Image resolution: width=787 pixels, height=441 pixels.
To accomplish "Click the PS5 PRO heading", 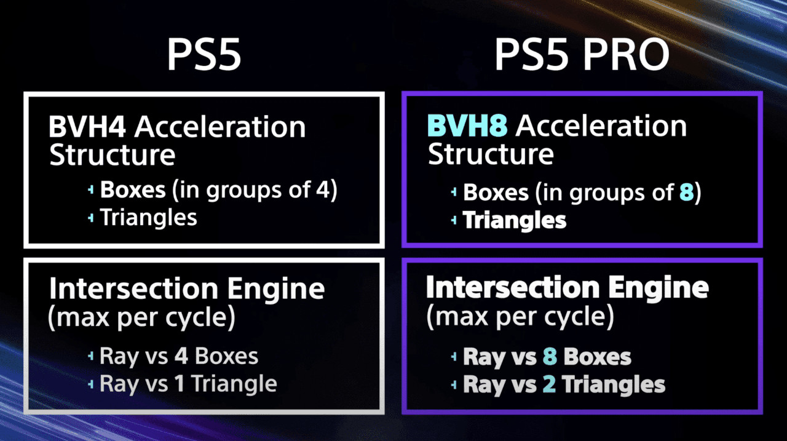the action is pyautogui.click(x=582, y=55).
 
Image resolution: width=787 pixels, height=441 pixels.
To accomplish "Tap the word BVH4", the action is pyautogui.click(x=87, y=127).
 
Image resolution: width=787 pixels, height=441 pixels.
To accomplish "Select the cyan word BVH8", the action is pyautogui.click(x=467, y=126).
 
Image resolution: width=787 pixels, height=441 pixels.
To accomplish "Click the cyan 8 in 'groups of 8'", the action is pyautogui.click(x=687, y=193).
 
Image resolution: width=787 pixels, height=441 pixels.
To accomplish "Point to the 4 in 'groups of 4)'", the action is pyautogui.click(x=323, y=189).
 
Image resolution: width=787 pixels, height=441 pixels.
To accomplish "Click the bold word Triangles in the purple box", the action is pyautogui.click(x=515, y=220).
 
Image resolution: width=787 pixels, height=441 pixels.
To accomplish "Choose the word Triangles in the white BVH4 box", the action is pyautogui.click(x=149, y=218).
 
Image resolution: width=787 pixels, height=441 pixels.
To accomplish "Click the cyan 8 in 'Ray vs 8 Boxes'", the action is pyautogui.click(x=550, y=357).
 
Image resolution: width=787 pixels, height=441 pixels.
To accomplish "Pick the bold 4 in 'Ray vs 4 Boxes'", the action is pyautogui.click(x=181, y=356).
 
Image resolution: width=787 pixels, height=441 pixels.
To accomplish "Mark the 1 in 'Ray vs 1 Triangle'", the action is pyautogui.click(x=180, y=383).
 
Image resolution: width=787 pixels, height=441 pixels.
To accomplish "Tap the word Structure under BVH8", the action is pyautogui.click(x=491, y=154).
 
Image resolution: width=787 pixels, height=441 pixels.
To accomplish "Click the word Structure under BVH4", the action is pyautogui.click(x=112, y=155).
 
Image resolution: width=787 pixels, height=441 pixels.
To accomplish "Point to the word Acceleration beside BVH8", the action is pyautogui.click(x=601, y=126).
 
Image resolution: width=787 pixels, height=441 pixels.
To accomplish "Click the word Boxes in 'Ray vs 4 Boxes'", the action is pyautogui.click(x=227, y=356).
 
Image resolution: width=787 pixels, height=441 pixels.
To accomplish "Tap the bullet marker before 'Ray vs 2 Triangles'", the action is pyautogui.click(x=454, y=385).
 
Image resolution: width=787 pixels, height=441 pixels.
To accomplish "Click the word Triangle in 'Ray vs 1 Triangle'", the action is pyautogui.click(x=235, y=384).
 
